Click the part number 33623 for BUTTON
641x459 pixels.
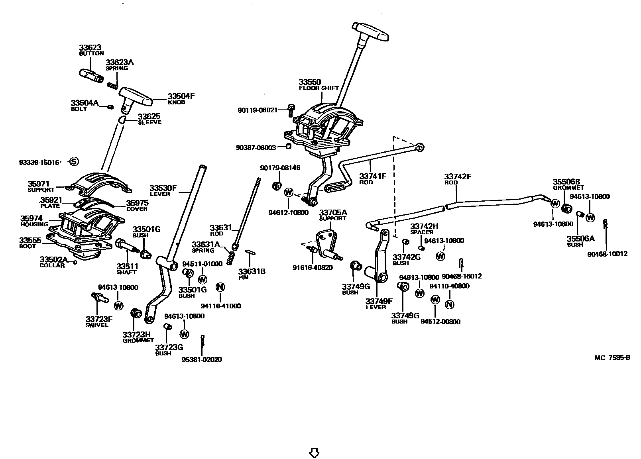[90, 47]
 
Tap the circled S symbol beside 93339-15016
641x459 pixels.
[74, 161]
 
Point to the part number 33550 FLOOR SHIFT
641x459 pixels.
[310, 82]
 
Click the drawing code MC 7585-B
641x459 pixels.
[612, 357]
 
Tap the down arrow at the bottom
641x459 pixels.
[315, 453]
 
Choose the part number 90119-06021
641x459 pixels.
[257, 110]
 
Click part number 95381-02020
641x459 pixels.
[202, 359]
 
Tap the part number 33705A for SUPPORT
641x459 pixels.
[333, 212]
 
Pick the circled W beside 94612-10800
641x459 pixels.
[289, 192]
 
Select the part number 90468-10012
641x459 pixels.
[607, 253]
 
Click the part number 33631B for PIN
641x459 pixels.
[252, 271]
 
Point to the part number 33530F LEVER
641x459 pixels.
[163, 188]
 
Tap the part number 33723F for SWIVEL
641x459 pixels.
[99, 319]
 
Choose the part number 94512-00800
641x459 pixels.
[440, 322]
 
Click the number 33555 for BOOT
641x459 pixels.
[30, 241]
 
